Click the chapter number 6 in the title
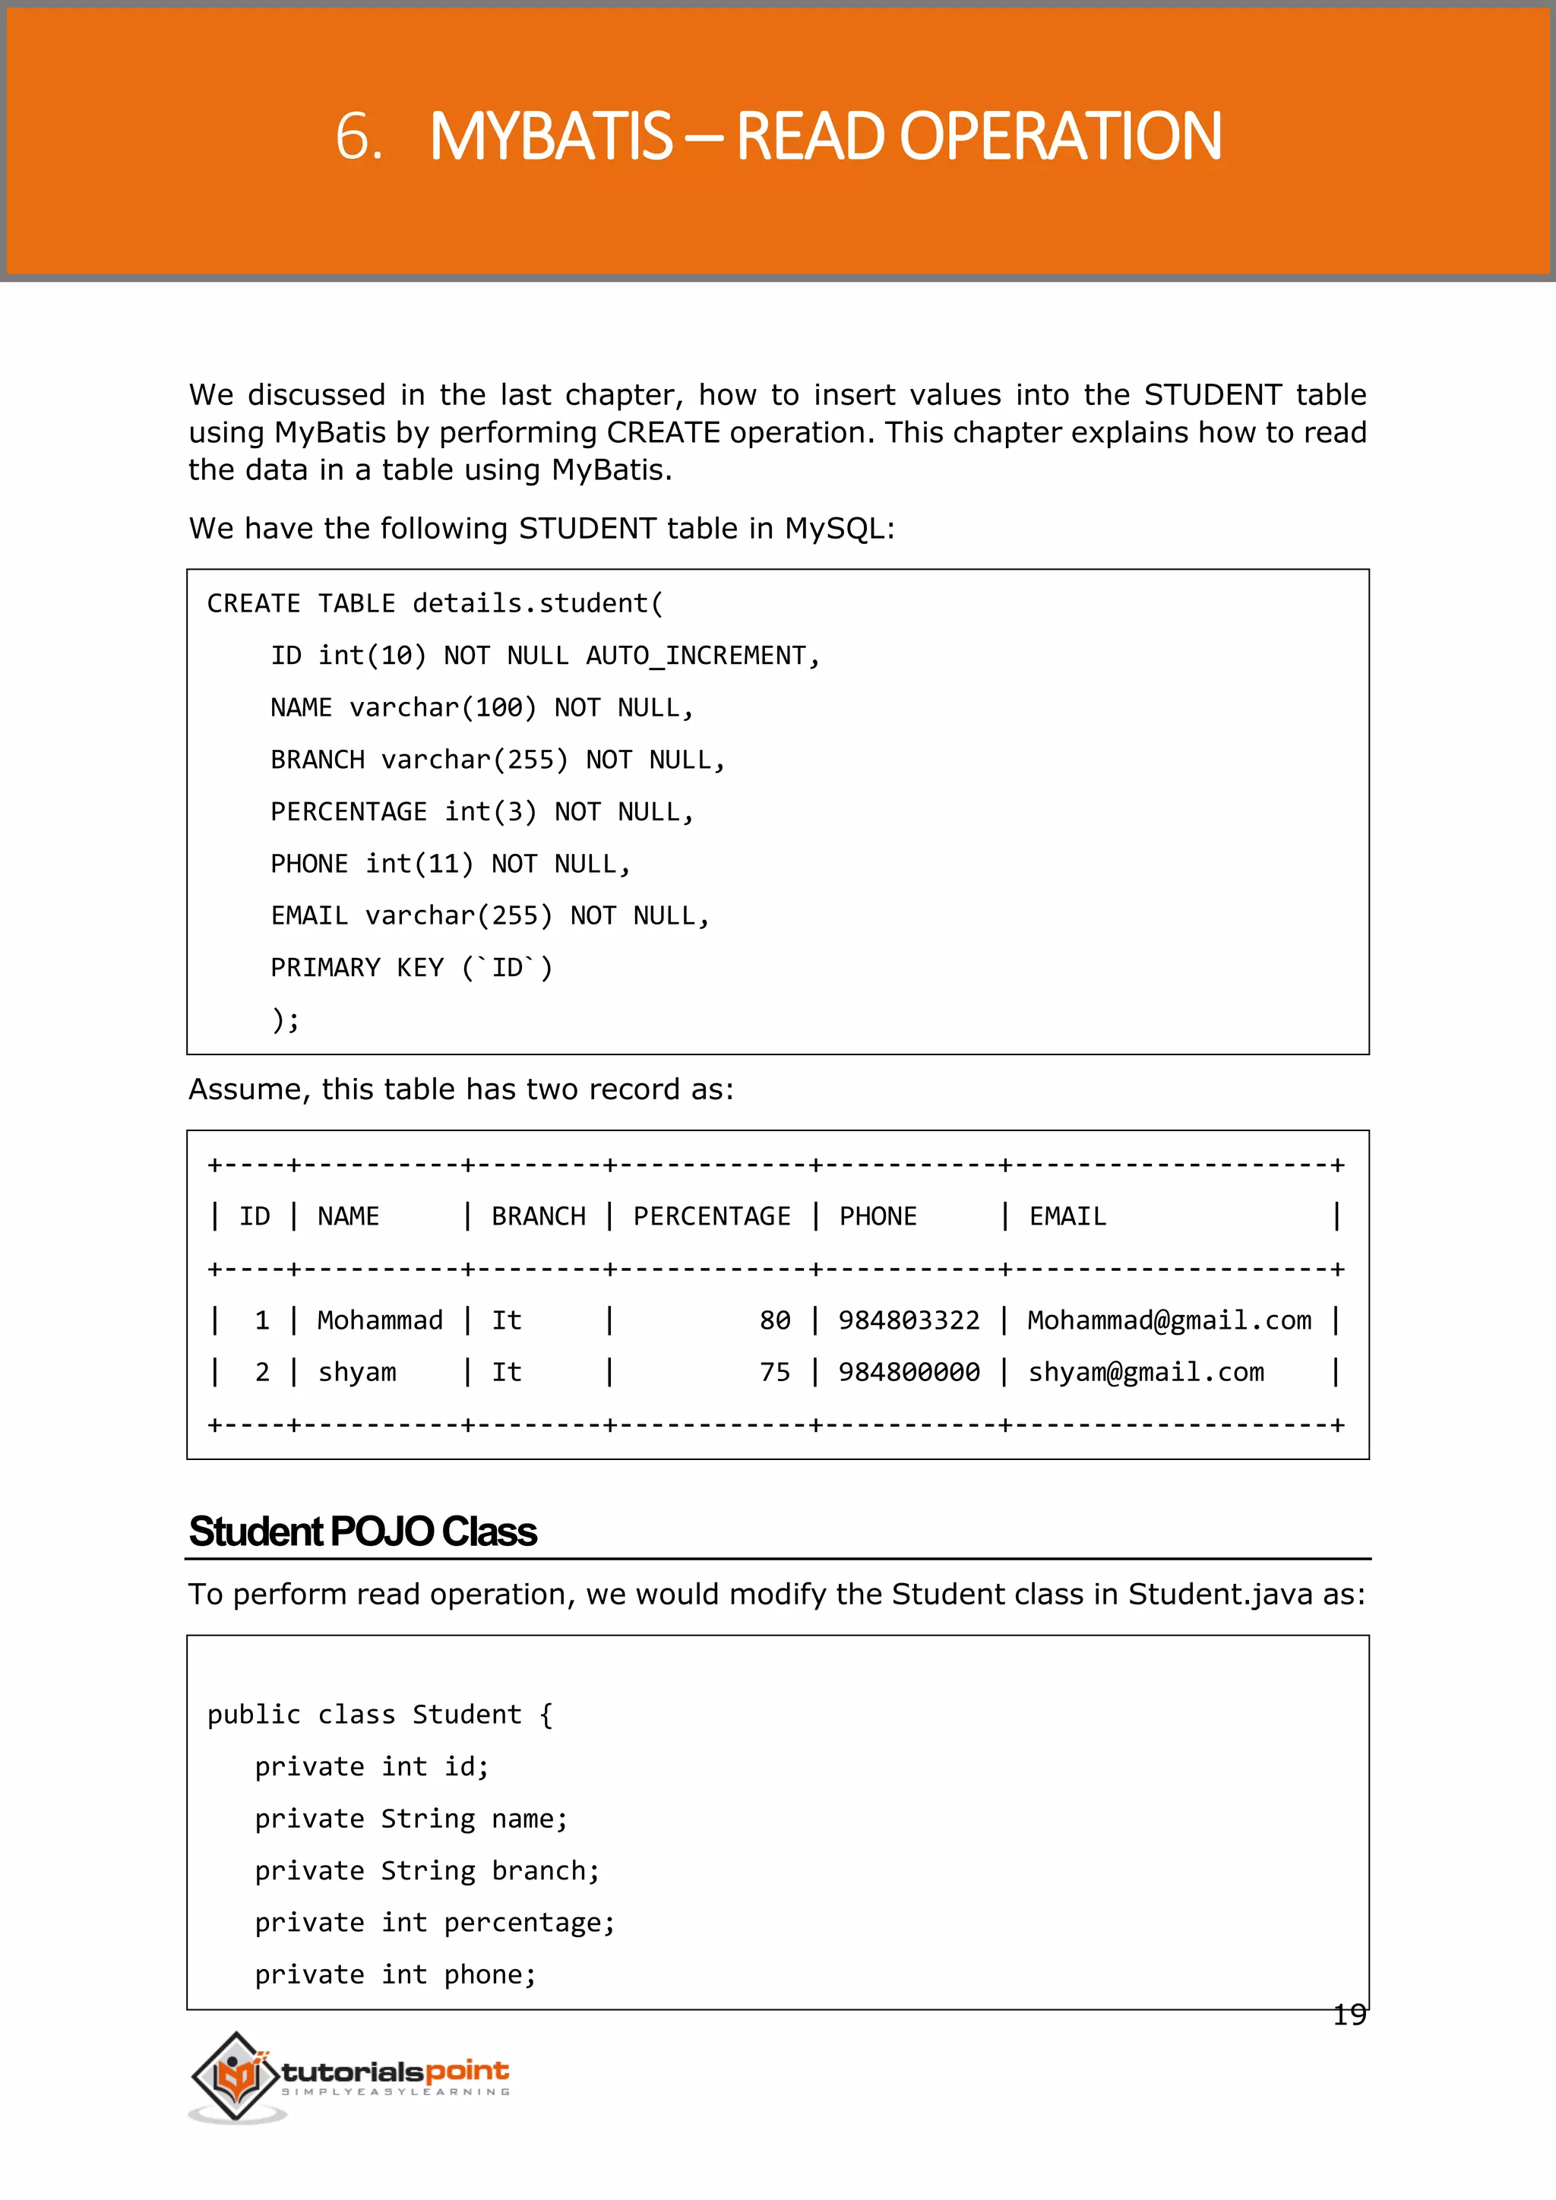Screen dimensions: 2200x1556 point(356,136)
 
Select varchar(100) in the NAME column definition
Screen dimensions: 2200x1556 point(443,707)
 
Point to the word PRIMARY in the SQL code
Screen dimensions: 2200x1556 point(325,968)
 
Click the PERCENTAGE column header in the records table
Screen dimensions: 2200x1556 point(712,1216)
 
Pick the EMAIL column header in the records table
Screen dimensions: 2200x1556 point(1067,1216)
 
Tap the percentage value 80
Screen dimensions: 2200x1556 point(775,1320)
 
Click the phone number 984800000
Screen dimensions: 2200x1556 point(909,1372)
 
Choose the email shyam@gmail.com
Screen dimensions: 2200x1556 point(1146,1372)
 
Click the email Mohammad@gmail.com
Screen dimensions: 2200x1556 point(1169,1320)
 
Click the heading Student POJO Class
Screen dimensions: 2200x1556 point(362,1531)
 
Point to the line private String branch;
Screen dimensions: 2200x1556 point(426,1870)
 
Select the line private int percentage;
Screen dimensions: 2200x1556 point(434,1922)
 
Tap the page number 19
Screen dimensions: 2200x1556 point(1349,2015)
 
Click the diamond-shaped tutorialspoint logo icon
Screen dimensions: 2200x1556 point(235,2075)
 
